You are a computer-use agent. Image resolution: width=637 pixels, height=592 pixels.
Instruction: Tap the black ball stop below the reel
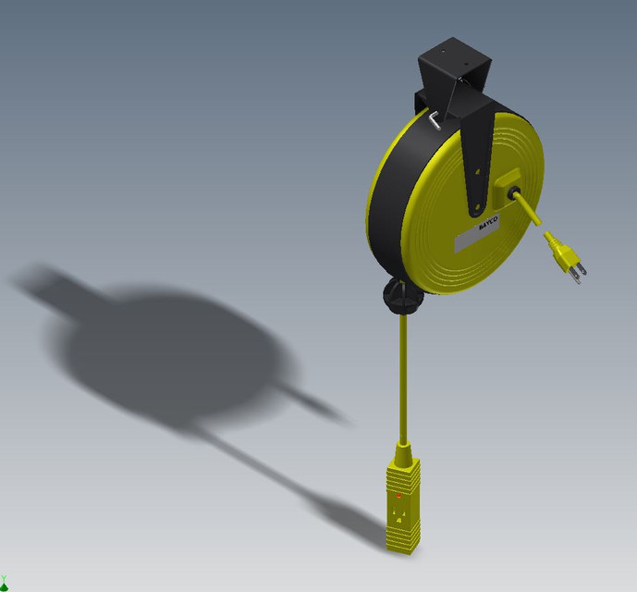pyautogui.click(x=402, y=296)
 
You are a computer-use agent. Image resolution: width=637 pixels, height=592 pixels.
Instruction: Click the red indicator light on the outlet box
pyautogui.click(x=399, y=496)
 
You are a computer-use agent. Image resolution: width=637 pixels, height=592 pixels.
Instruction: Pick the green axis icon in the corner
pyautogui.click(x=5, y=582)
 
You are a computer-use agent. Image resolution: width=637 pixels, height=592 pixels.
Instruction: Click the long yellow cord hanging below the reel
pyautogui.click(x=404, y=379)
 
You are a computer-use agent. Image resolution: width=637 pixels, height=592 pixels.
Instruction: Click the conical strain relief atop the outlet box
pyautogui.click(x=403, y=452)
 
